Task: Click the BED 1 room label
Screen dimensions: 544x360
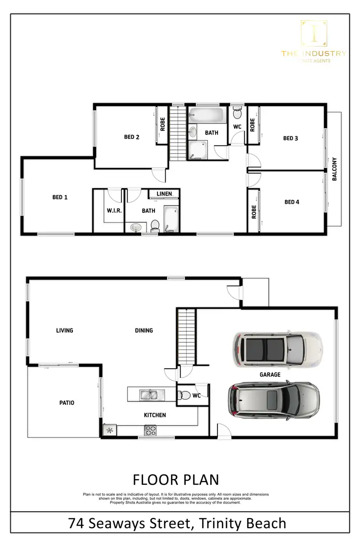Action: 60,197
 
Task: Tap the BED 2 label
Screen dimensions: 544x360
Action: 132,137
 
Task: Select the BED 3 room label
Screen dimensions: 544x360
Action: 290,138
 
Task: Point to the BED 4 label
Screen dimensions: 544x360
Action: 291,202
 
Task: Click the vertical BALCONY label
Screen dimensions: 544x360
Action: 335,169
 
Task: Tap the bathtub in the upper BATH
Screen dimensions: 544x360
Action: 206,116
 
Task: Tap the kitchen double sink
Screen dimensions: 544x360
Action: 151,395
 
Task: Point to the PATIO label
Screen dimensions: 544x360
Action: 67,403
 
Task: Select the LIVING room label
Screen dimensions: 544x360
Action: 64,330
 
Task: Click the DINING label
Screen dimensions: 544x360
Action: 144,330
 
